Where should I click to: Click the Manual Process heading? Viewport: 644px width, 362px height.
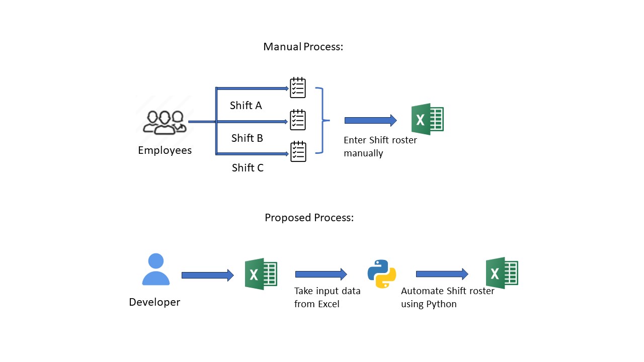click(x=303, y=47)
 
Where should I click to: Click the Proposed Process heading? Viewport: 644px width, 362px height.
click(x=309, y=218)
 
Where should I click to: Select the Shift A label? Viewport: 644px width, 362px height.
click(x=246, y=106)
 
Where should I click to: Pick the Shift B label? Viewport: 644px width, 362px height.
click(x=247, y=138)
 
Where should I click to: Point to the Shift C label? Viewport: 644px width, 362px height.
click(x=248, y=168)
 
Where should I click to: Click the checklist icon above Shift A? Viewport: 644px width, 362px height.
click(x=298, y=87)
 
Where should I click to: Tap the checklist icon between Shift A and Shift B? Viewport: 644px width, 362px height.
click(x=298, y=120)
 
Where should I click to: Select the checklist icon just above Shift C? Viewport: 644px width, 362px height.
click(x=298, y=151)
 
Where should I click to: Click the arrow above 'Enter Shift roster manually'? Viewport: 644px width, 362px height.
click(x=370, y=120)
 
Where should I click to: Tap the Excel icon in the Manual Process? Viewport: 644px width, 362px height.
click(x=427, y=119)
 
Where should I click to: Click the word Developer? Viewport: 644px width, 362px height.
click(x=154, y=302)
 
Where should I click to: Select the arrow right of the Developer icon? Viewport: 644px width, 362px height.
click(x=207, y=275)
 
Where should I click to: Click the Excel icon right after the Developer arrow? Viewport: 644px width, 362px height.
click(x=261, y=275)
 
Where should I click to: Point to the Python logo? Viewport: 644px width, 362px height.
click(x=382, y=274)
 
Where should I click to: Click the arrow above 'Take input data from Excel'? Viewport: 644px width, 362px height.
click(x=321, y=274)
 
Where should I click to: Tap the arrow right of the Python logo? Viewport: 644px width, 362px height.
click(x=442, y=274)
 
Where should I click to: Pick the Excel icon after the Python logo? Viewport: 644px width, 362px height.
click(x=502, y=273)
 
